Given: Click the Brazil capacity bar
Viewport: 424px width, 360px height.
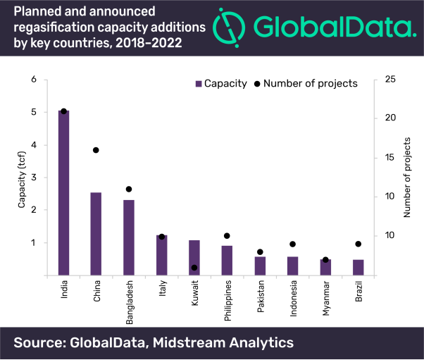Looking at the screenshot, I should pyautogui.click(x=358, y=268).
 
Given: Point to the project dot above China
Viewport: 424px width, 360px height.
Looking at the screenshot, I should pyautogui.click(x=96, y=150).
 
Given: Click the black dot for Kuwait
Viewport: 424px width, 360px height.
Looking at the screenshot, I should pyautogui.click(x=194, y=268).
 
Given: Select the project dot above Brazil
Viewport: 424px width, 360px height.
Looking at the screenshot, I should pyautogui.click(x=358, y=244).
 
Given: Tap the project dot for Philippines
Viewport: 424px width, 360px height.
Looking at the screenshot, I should pyautogui.click(x=227, y=236).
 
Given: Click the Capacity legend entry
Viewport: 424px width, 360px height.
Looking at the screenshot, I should pyautogui.click(x=221, y=83).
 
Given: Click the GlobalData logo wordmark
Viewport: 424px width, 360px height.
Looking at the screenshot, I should pyautogui.click(x=331, y=27).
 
